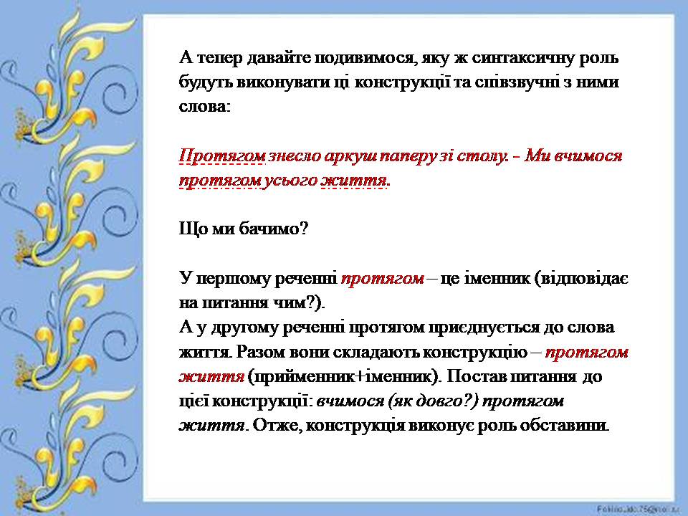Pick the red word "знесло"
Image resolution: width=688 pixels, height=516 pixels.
[x=292, y=156]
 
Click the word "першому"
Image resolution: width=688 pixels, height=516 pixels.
[x=252, y=278]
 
